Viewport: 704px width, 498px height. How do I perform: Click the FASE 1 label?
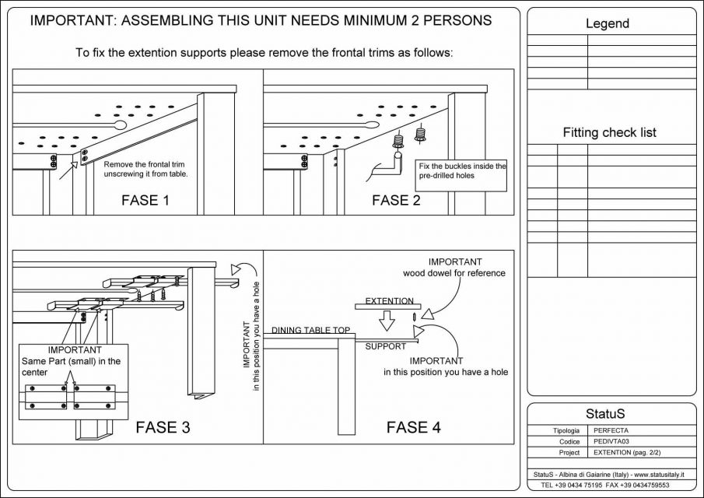[145, 200]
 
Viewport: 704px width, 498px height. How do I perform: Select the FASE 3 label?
[163, 426]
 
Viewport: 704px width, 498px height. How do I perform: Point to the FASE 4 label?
[414, 426]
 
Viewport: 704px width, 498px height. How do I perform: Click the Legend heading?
[608, 24]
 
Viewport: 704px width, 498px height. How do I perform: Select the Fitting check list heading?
[610, 132]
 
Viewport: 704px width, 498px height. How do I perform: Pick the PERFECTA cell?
[611, 430]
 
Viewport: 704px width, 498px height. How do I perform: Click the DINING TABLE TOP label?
[310, 331]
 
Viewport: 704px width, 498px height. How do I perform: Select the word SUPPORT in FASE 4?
[386, 345]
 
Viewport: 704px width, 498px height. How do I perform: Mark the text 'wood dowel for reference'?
[454, 273]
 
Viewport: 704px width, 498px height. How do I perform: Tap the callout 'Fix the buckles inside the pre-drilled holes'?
[462, 170]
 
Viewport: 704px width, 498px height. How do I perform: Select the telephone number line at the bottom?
[601, 485]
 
